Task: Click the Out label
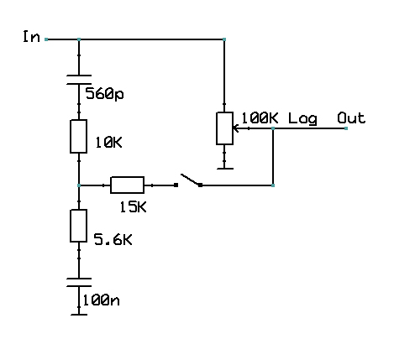click(351, 118)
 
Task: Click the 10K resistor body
click(78, 136)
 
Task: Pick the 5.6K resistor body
click(78, 225)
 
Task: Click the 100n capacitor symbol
click(78, 281)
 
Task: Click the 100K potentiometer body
click(224, 128)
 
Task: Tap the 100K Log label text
click(279, 118)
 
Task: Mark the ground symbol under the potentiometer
click(224, 167)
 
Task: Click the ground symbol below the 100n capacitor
click(78, 314)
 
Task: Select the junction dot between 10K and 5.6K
click(78, 185)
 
